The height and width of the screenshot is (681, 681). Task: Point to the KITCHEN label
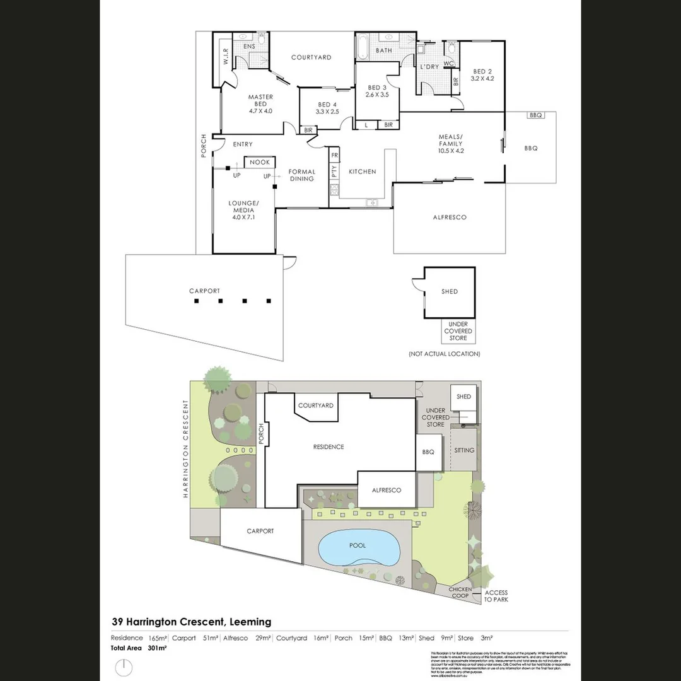click(362, 172)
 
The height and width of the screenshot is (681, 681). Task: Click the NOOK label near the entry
click(259, 162)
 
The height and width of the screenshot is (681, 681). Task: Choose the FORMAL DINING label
click(301, 175)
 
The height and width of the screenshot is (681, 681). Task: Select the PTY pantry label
click(334, 171)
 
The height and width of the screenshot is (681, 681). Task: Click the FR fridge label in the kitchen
click(335, 155)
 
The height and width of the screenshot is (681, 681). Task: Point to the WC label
click(449, 64)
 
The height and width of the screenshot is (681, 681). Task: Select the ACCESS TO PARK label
click(496, 596)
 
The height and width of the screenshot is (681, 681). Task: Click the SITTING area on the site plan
click(465, 451)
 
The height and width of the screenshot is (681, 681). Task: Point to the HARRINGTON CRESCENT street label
click(186, 448)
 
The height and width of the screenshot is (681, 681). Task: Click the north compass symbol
click(125, 666)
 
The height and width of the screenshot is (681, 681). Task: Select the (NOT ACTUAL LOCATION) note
click(444, 354)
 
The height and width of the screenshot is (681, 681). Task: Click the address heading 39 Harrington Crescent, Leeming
click(191, 622)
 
